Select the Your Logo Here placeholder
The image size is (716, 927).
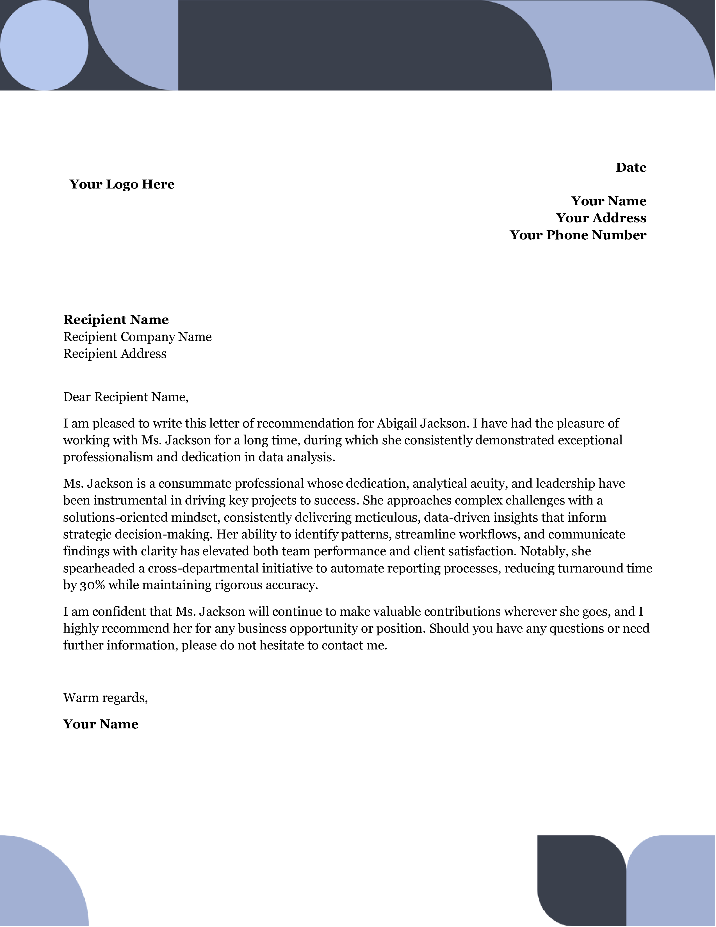(122, 184)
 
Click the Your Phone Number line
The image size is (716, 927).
(578, 235)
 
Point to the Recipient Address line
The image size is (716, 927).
(115, 354)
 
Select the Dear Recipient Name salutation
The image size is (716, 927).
(126, 397)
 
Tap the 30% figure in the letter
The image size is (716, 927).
(92, 585)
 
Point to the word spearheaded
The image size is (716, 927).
(99, 568)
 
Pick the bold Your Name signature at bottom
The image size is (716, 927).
(101, 724)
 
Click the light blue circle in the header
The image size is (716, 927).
(44, 46)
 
